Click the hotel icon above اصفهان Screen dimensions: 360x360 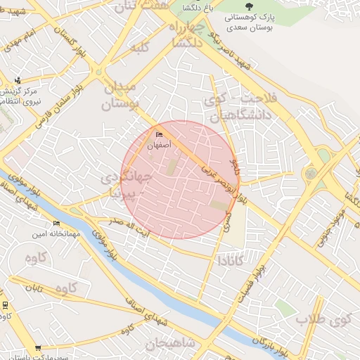click(158, 135)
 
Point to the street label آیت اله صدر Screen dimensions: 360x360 click(125, 224)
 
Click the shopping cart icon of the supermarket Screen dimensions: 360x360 click(37, 348)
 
